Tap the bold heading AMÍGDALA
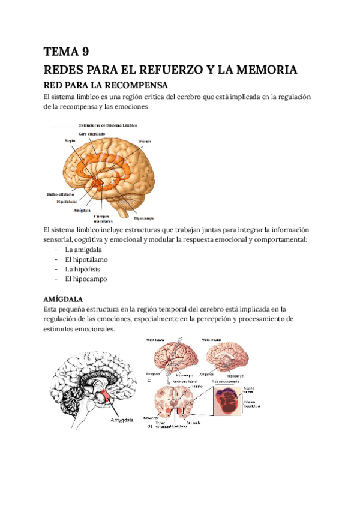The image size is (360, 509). click(x=63, y=298)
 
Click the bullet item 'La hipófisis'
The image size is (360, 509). click(x=83, y=269)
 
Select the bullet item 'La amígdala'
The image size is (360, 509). click(x=83, y=249)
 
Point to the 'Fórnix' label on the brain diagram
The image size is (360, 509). click(x=146, y=141)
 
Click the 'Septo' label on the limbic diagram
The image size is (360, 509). click(x=70, y=140)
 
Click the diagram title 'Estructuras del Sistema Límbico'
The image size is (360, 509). click(x=108, y=125)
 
